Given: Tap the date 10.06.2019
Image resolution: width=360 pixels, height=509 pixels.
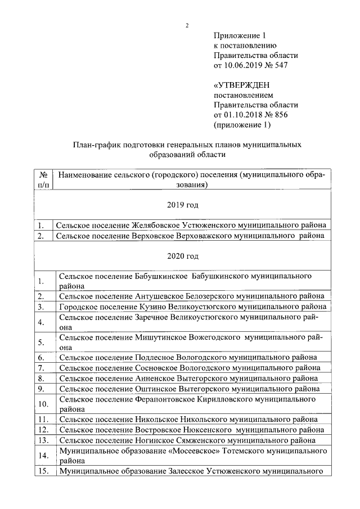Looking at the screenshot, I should [244, 66].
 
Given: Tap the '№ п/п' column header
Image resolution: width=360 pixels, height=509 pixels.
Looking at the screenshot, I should [43, 180].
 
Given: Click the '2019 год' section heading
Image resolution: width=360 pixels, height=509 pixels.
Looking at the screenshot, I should [182, 205].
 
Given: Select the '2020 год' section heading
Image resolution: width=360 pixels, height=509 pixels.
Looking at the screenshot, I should [182, 256].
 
